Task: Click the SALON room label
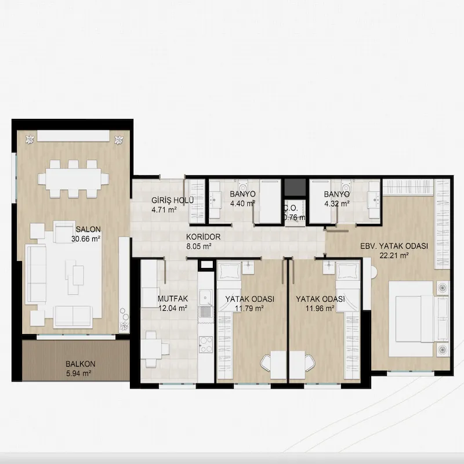[x=88, y=229]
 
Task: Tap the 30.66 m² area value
[x=86, y=239]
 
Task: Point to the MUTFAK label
[x=173, y=299]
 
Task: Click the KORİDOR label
[x=204, y=237]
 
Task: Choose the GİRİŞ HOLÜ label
[x=172, y=200]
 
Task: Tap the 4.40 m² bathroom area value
[x=242, y=204]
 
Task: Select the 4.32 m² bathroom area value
[x=337, y=204]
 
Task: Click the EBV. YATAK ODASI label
[x=394, y=246]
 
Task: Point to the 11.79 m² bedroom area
[x=249, y=309]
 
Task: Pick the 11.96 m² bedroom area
[x=320, y=309]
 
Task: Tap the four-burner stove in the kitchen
[x=206, y=345]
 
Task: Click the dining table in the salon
[x=74, y=179]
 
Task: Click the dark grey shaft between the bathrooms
[x=295, y=187]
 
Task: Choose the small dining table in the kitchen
[x=151, y=349]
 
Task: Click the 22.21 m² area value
[x=394, y=256]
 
